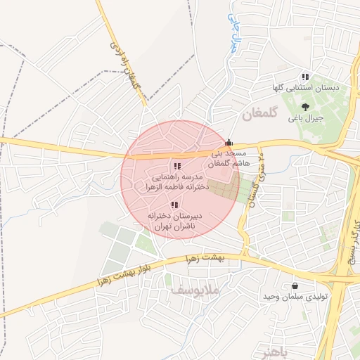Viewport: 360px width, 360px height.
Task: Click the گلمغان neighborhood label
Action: pos(260,113)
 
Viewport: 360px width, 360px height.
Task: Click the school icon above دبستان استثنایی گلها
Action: pos(305,77)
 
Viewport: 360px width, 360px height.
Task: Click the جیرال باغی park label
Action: pos(305,118)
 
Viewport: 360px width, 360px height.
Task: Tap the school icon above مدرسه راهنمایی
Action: pos(177,167)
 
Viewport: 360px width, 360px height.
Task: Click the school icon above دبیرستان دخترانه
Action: pos(174,205)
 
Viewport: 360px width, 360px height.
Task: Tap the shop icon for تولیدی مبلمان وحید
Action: pos(294,285)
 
